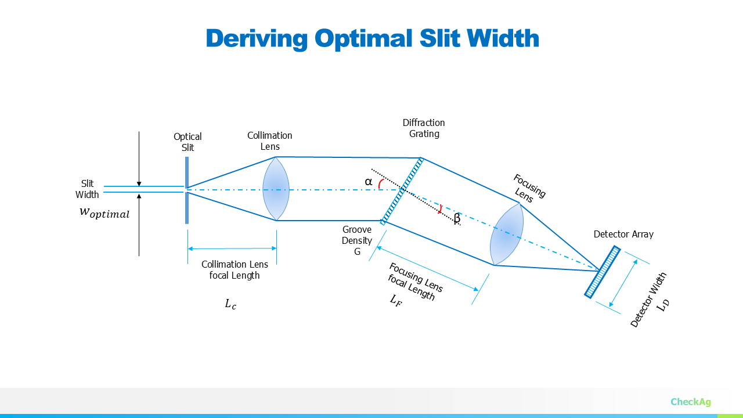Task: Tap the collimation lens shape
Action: pos(276,189)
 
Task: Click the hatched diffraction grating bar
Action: pos(402,190)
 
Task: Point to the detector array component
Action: pos(603,272)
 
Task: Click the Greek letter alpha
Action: pos(368,182)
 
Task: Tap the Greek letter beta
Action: pos(457,219)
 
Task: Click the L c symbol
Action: pos(230,304)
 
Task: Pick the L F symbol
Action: pos(395,300)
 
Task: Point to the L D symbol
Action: pos(663,304)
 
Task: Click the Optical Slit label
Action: pos(187,142)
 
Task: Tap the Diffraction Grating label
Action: pos(424,128)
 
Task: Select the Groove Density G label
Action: pos(357,240)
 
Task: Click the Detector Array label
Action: pos(623,235)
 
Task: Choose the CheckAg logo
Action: pos(690,402)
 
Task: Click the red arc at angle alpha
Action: pos(380,183)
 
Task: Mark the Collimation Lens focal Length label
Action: pos(235,270)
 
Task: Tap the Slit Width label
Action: pos(87,189)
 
